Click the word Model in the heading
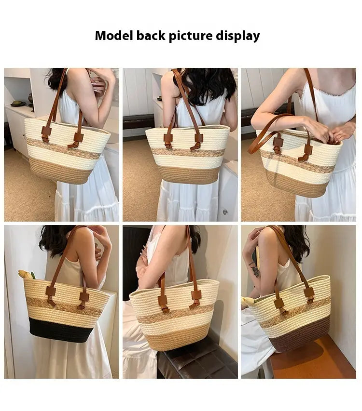coord(114,35)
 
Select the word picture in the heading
coord(190,36)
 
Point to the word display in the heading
coord(238,36)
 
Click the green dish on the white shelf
coord(17,104)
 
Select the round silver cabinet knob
coord(225,212)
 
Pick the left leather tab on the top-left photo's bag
coord(46,133)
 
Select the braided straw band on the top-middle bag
coord(188,152)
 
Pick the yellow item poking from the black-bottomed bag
coord(26,274)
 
